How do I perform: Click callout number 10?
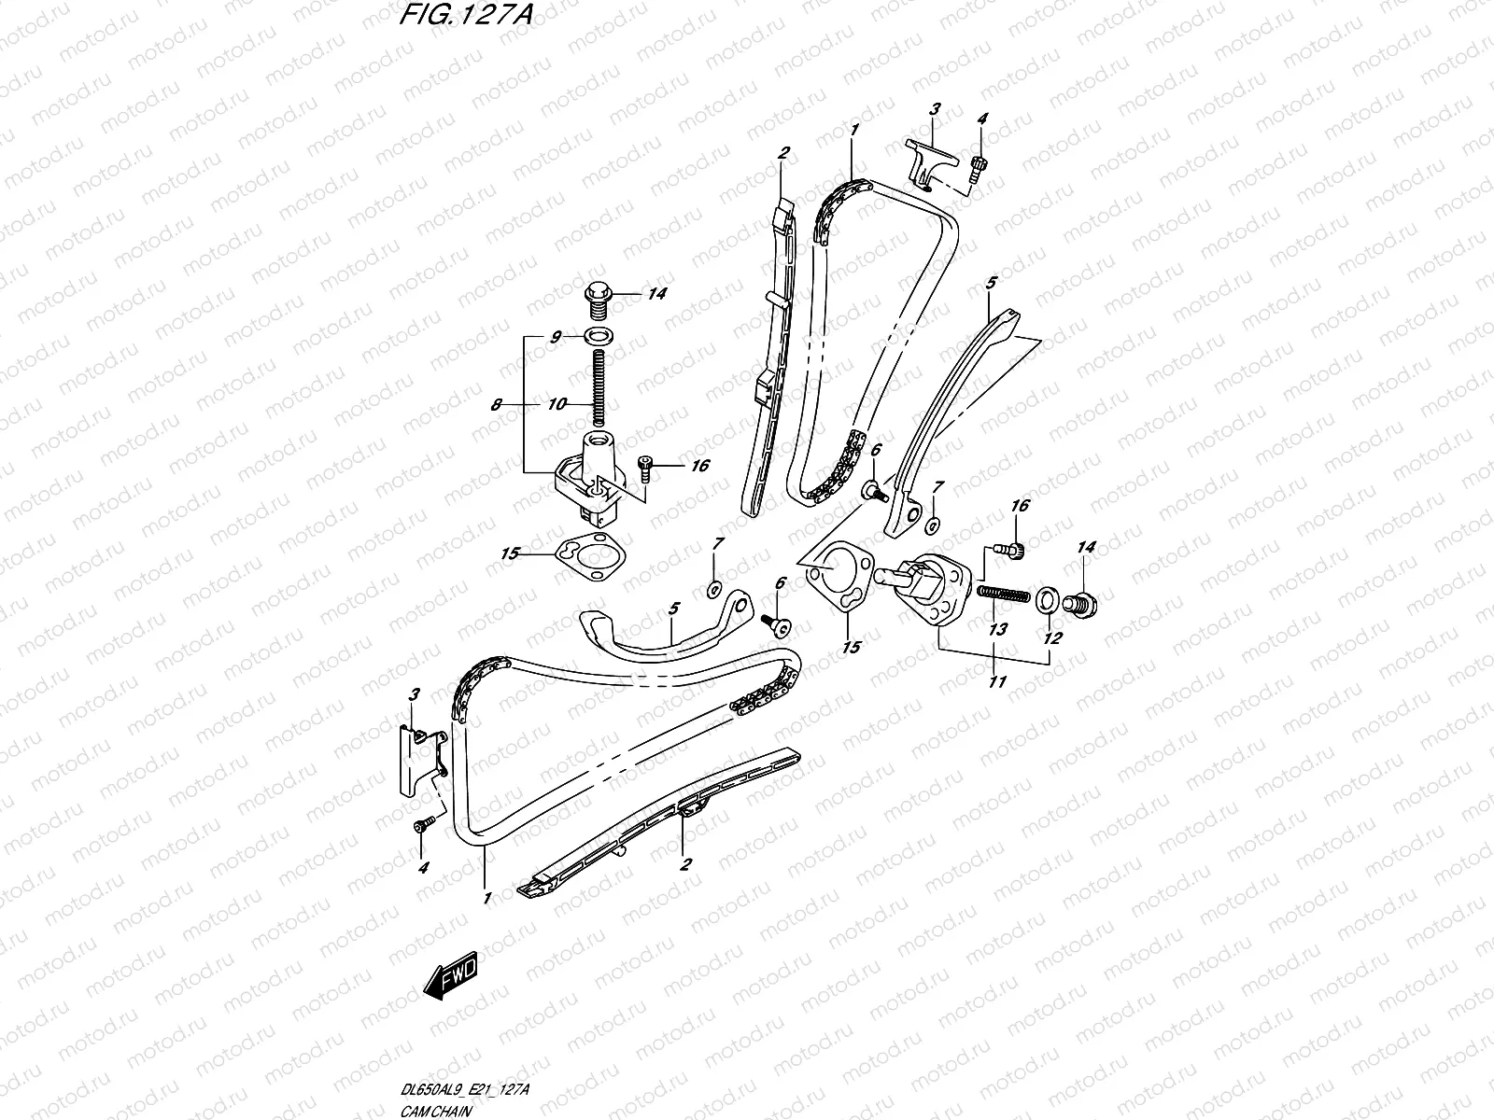(556, 404)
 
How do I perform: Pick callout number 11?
(996, 682)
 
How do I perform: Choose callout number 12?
(1052, 637)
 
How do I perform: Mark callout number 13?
(997, 630)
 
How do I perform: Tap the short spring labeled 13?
(1004, 594)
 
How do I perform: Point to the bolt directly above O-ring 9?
(595, 297)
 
